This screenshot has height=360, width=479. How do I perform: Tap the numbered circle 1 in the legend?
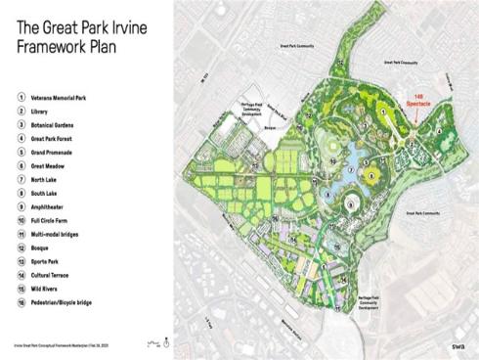21,97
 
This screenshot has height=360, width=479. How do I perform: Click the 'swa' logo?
457,344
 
